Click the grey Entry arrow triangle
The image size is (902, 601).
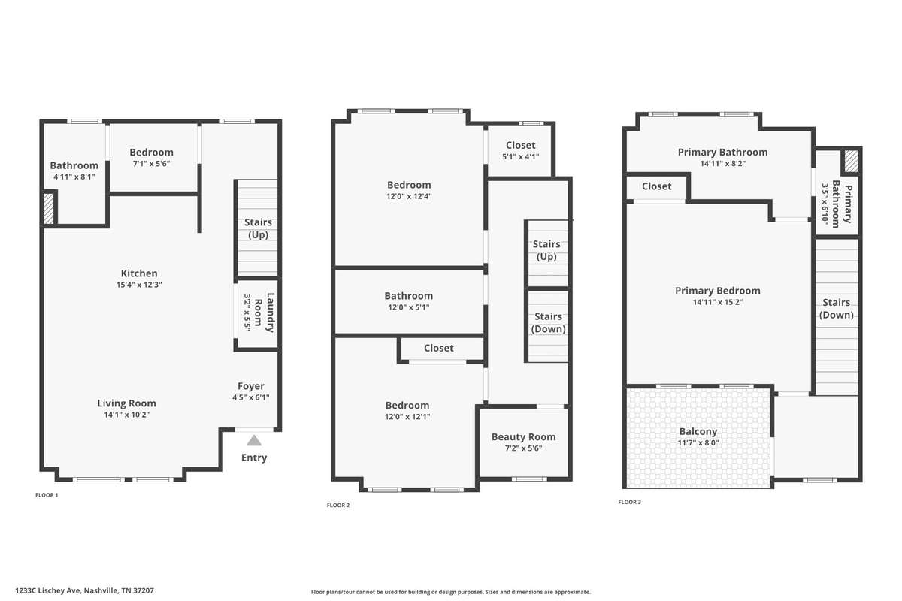[254, 440]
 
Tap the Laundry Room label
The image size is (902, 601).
[265, 313]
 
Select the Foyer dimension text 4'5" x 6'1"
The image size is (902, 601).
[250, 397]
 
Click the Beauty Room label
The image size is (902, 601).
[523, 436]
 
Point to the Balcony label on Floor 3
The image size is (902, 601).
[698, 431]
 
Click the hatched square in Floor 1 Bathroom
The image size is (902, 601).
[49, 209]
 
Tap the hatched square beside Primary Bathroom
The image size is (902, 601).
[851, 161]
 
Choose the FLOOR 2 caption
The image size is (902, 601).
[337, 505]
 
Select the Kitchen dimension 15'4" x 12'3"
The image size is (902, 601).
[139, 285]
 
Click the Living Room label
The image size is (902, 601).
[126, 403]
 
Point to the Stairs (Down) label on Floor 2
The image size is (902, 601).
[548, 322]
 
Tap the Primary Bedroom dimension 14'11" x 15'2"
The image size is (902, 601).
[718, 302]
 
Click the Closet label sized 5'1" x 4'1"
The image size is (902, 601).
[520, 145]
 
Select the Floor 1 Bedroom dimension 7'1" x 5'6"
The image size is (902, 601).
[151, 164]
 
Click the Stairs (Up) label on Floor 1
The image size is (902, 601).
[258, 228]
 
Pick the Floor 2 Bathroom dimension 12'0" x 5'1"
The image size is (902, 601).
[408, 307]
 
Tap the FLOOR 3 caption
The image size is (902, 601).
[629, 502]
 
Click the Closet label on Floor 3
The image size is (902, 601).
[656, 186]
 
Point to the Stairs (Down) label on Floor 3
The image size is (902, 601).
[836, 308]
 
